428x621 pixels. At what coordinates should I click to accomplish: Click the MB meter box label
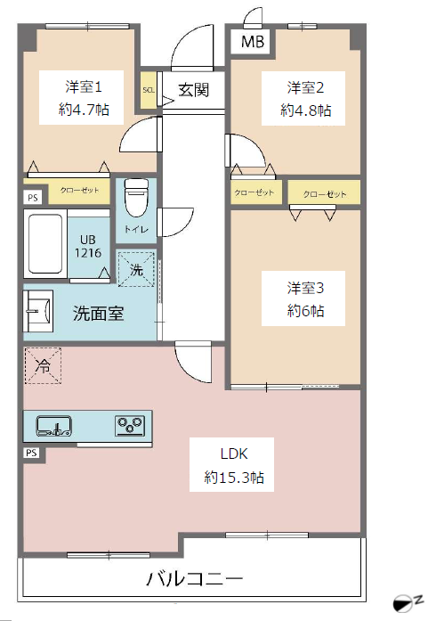[253, 42]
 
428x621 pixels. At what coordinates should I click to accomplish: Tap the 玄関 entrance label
[193, 90]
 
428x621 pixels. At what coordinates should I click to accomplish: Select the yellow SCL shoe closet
[149, 90]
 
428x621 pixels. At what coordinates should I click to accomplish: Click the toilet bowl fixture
[136, 198]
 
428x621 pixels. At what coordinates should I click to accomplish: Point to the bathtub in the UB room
[45, 243]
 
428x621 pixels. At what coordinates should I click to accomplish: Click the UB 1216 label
[88, 246]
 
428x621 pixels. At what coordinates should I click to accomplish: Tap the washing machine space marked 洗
[136, 269]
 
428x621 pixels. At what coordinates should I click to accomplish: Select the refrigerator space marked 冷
[43, 366]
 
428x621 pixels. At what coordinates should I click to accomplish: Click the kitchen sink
[53, 426]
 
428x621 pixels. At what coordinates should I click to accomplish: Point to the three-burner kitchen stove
[130, 425]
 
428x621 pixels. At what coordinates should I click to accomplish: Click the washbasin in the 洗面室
[38, 311]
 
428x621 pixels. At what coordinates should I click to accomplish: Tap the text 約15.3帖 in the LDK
[234, 478]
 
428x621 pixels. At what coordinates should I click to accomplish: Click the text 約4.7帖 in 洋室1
[84, 110]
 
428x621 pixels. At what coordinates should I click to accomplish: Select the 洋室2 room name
[305, 87]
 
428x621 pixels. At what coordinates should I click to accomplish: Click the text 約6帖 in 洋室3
[305, 311]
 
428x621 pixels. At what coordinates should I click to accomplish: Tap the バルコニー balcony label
[194, 579]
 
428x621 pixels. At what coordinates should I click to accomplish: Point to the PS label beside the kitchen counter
[31, 453]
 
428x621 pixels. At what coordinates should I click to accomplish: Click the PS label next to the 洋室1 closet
[33, 197]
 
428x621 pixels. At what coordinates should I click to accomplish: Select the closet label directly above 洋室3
[325, 194]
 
